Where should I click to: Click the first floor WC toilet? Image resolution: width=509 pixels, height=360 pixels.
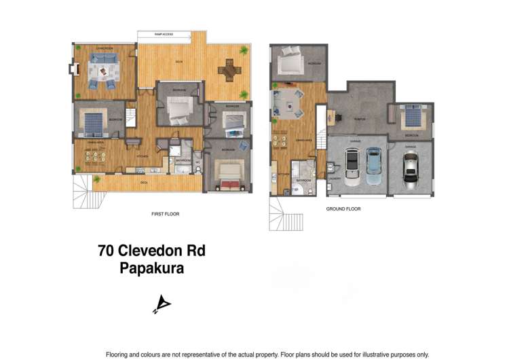click(x=197, y=164)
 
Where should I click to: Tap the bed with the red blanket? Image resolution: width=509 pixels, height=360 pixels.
click(x=227, y=174)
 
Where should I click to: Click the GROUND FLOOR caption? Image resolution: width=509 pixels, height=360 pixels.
click(x=343, y=209)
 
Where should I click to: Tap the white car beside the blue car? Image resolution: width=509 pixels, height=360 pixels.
click(x=353, y=164)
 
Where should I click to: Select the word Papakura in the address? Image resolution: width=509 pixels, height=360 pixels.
click(x=151, y=268)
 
